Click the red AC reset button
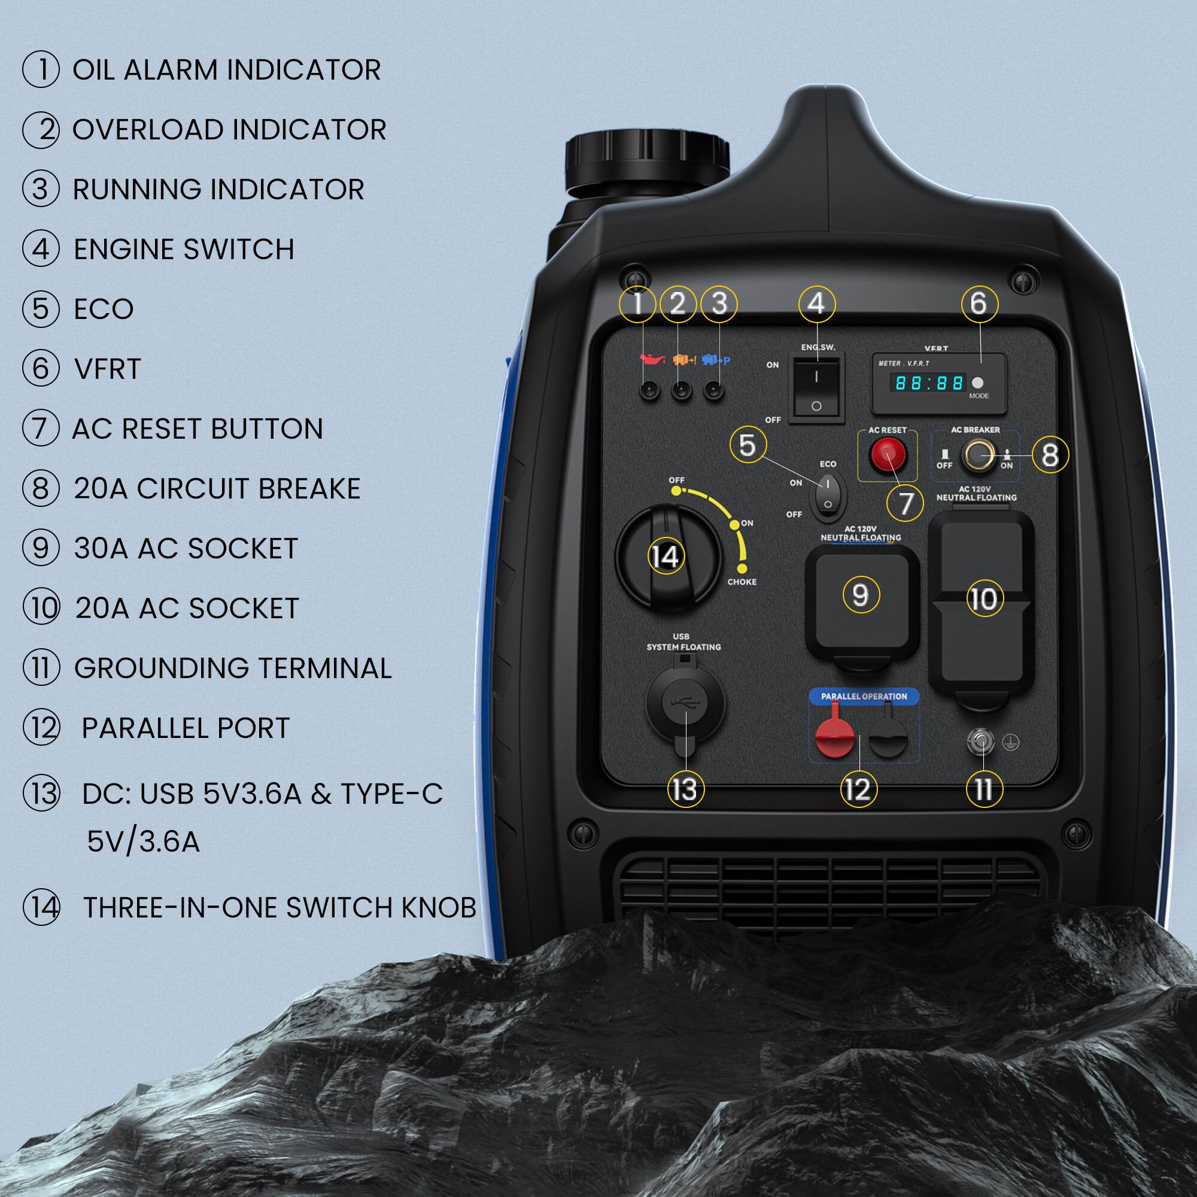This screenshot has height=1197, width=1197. point(886,455)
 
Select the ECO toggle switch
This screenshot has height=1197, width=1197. point(828,497)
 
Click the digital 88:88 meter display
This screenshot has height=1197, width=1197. point(928,383)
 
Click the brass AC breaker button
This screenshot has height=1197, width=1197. point(978,455)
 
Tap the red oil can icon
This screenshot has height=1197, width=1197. point(652,359)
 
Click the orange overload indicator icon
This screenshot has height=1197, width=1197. point(683,359)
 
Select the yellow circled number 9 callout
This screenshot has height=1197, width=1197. point(861,595)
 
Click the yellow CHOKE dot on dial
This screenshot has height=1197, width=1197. point(742,568)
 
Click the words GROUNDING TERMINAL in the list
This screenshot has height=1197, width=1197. point(232,668)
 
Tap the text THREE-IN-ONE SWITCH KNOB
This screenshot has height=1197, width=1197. point(279,908)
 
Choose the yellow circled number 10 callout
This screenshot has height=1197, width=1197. point(984,599)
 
